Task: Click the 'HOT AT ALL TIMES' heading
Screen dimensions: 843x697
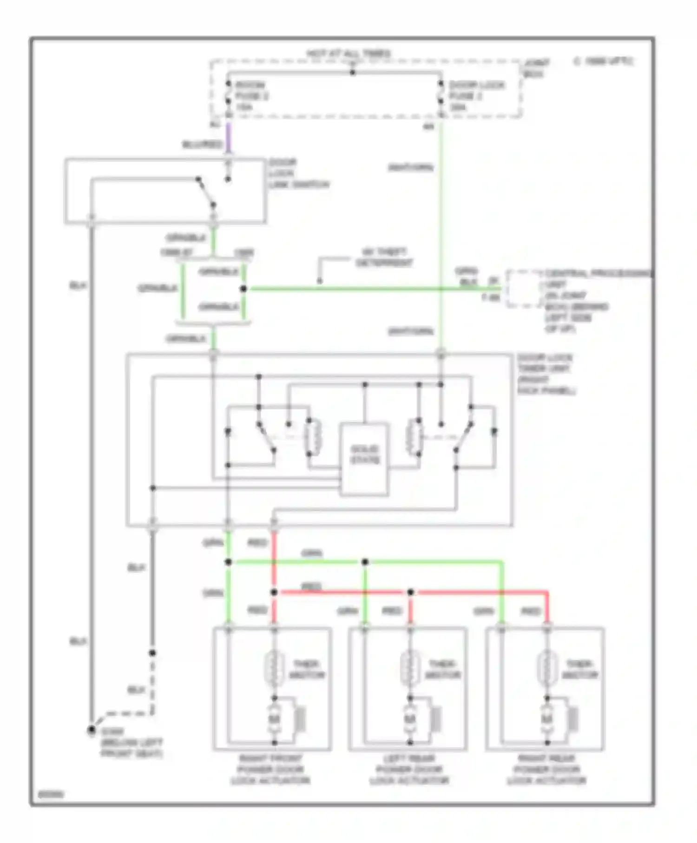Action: pyautogui.click(x=348, y=54)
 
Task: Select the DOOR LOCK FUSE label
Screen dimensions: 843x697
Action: pyautogui.click(x=476, y=96)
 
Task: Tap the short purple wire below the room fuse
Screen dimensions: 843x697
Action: pyautogui.click(x=228, y=138)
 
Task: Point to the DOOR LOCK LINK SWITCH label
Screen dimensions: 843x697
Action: pyautogui.click(x=298, y=174)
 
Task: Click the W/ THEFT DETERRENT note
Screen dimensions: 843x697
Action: pyautogui.click(x=384, y=257)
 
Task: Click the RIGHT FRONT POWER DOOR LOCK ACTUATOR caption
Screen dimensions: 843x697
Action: pyautogui.click(x=271, y=770)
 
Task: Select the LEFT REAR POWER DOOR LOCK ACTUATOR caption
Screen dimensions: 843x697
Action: pyautogui.click(x=409, y=770)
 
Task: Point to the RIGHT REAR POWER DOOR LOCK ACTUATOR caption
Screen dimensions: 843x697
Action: pyautogui.click(x=546, y=770)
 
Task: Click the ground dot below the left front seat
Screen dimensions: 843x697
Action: pyautogui.click(x=92, y=731)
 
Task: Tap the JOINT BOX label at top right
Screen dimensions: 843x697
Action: pyautogui.click(x=535, y=68)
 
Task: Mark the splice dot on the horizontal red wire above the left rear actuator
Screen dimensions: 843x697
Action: pyautogui.click(x=410, y=592)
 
